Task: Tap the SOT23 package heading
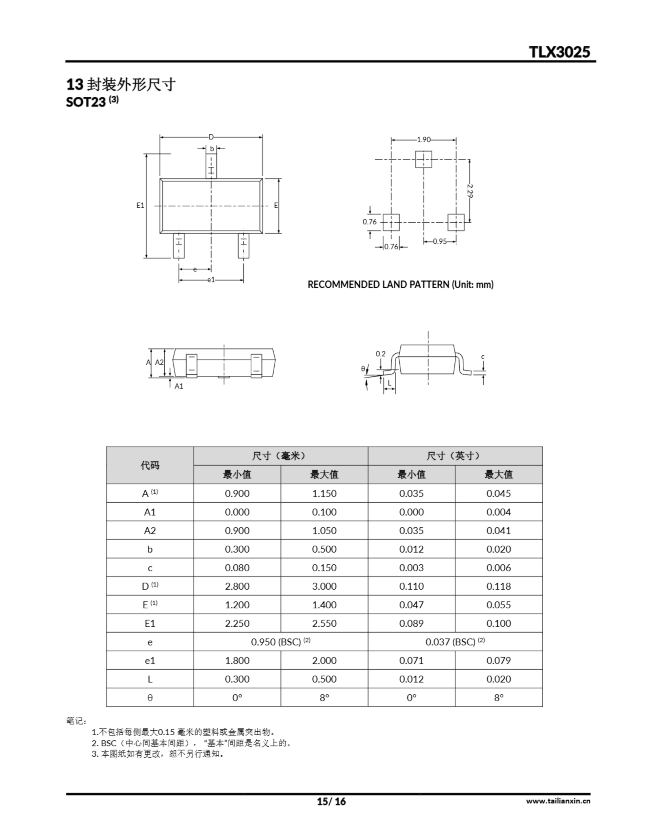(x=86, y=102)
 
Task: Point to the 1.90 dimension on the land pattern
(x=424, y=139)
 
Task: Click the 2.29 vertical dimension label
(x=470, y=191)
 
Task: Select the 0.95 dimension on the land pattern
(x=440, y=241)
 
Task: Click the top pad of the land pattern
(x=424, y=159)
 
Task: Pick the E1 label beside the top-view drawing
(x=140, y=205)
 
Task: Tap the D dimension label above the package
(x=211, y=137)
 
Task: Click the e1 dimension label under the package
(x=211, y=280)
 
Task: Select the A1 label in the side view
(x=179, y=386)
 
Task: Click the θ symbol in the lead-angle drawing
(x=363, y=368)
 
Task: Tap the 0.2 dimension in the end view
(x=381, y=354)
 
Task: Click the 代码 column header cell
(x=150, y=465)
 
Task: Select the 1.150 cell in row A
(x=324, y=493)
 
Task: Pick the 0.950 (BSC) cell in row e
(x=281, y=642)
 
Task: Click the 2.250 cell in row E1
(x=237, y=623)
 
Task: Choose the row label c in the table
(x=150, y=568)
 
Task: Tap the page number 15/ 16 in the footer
(x=331, y=802)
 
